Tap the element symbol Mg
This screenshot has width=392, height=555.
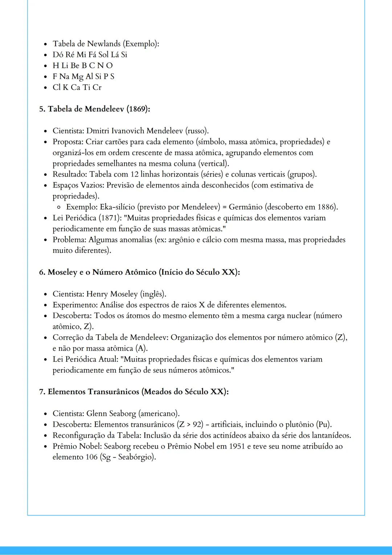77,77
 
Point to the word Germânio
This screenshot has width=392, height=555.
245,207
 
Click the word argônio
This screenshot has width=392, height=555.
181,240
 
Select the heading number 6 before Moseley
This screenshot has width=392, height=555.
41,272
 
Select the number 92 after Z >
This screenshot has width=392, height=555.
198,424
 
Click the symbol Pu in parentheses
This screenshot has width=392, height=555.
323,424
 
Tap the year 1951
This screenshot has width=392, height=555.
237,446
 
